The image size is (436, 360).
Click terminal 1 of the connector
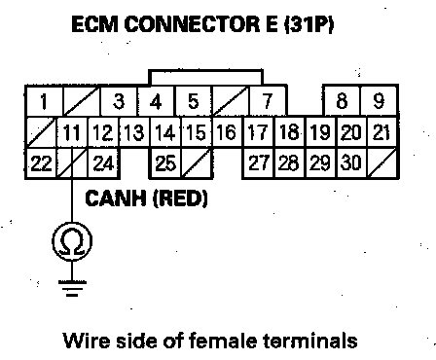(x=44, y=101)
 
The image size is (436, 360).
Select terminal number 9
(x=379, y=101)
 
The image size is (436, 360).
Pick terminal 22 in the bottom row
(x=41, y=163)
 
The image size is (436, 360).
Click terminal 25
(x=164, y=163)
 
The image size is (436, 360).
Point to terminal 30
(x=351, y=163)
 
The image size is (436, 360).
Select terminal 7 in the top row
(x=268, y=101)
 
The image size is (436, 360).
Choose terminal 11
(x=72, y=132)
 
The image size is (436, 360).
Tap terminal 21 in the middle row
(x=382, y=132)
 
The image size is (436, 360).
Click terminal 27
(x=259, y=163)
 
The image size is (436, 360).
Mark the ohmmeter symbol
(x=72, y=241)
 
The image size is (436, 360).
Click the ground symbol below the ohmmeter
(x=72, y=288)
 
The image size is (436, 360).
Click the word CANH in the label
(x=116, y=198)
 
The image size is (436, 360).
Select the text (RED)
(x=180, y=198)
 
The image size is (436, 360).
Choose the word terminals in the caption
(x=310, y=341)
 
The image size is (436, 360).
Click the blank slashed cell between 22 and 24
(x=72, y=163)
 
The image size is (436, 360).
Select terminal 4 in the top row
(x=156, y=101)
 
